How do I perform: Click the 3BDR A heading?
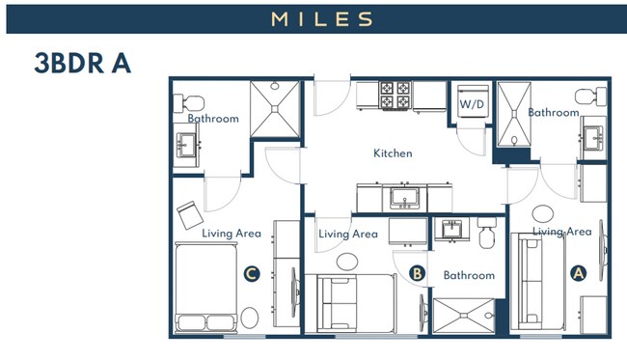82,64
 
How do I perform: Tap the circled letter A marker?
579,273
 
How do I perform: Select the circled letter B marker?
418,273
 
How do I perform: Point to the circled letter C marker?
251,274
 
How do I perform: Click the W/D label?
472,103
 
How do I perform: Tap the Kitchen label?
393,153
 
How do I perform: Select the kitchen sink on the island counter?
402,199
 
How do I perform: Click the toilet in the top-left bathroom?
189,100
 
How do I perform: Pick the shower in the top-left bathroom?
276,106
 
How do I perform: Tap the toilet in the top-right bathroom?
586,97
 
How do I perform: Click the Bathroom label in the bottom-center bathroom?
469,275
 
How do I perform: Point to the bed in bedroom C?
206,287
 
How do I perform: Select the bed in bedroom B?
355,303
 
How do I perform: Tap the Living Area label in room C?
232,233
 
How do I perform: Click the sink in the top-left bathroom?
184,146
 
